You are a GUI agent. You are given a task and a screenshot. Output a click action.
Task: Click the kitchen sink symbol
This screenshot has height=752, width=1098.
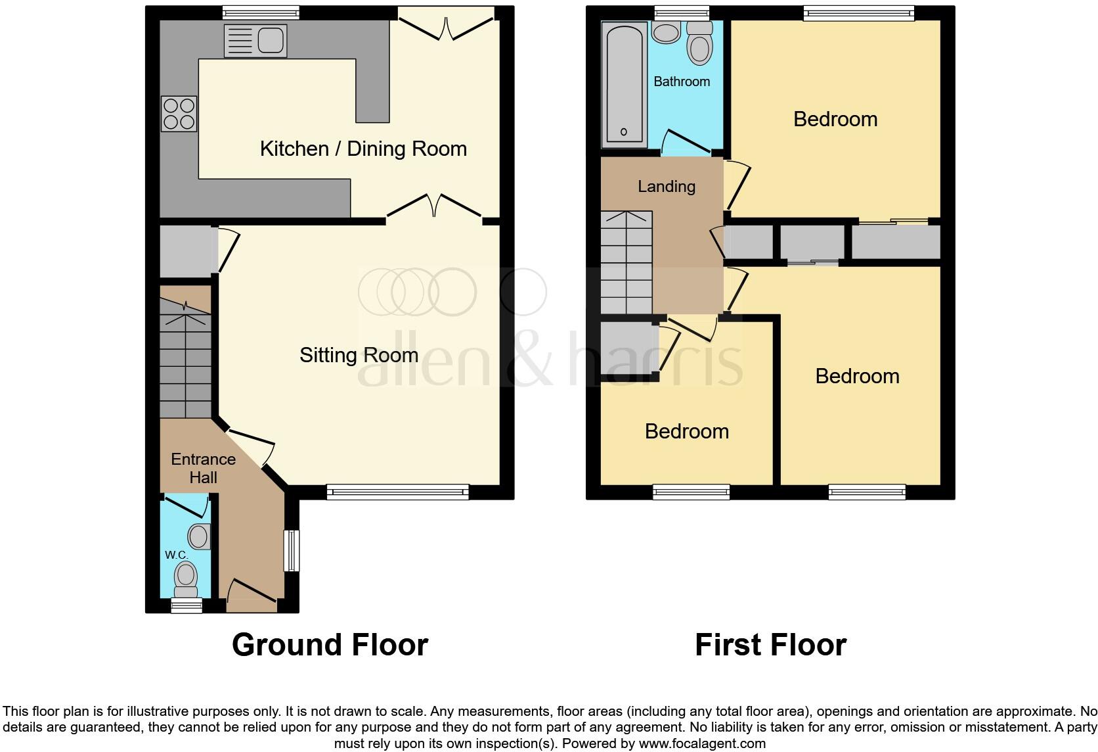pyautogui.click(x=255, y=41)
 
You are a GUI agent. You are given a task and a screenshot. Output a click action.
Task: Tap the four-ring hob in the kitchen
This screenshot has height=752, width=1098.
pyautogui.click(x=179, y=114)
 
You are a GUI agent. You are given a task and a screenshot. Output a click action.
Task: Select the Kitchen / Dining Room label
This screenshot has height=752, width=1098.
pyautogui.click(x=363, y=149)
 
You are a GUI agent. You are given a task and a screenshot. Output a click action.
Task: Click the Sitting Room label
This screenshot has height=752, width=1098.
pyautogui.click(x=359, y=355)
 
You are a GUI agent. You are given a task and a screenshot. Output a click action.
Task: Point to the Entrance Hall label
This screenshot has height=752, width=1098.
pyautogui.click(x=203, y=468)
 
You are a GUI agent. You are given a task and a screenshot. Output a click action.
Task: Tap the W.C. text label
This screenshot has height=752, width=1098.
pyautogui.click(x=176, y=555)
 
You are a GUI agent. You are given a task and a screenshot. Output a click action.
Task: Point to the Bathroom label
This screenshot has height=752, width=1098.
pyautogui.click(x=682, y=82)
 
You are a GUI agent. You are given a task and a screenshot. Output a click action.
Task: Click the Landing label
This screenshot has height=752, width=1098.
pyautogui.click(x=666, y=187)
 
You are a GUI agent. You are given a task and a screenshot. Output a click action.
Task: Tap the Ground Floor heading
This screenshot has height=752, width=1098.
pyautogui.click(x=330, y=645)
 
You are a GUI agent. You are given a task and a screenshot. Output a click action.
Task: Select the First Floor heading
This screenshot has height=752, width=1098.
pyautogui.click(x=770, y=645)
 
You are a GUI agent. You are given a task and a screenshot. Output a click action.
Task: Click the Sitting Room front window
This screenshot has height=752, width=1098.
pyautogui.click(x=398, y=491)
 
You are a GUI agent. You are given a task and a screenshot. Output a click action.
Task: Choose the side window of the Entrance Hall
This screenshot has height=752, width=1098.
pyautogui.click(x=292, y=551)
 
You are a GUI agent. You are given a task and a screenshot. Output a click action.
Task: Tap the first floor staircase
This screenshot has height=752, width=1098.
pyautogui.click(x=626, y=263)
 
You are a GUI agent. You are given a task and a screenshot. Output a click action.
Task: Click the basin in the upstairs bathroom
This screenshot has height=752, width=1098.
pyautogui.click(x=666, y=32)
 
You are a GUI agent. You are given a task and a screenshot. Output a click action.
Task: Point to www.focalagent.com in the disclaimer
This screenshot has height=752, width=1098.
pyautogui.click(x=701, y=744)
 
